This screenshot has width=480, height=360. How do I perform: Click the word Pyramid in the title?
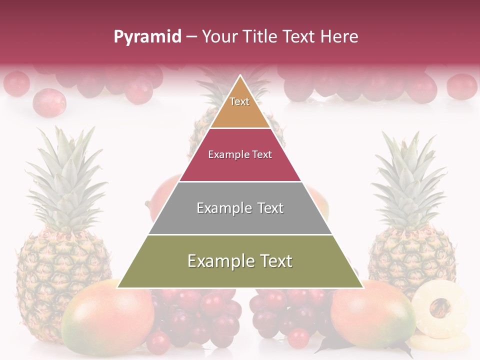147,37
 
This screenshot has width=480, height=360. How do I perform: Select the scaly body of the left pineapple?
62,265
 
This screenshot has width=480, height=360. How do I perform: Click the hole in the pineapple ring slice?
440,307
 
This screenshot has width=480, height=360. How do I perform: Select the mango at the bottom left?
107,317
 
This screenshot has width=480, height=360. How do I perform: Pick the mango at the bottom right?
372,315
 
